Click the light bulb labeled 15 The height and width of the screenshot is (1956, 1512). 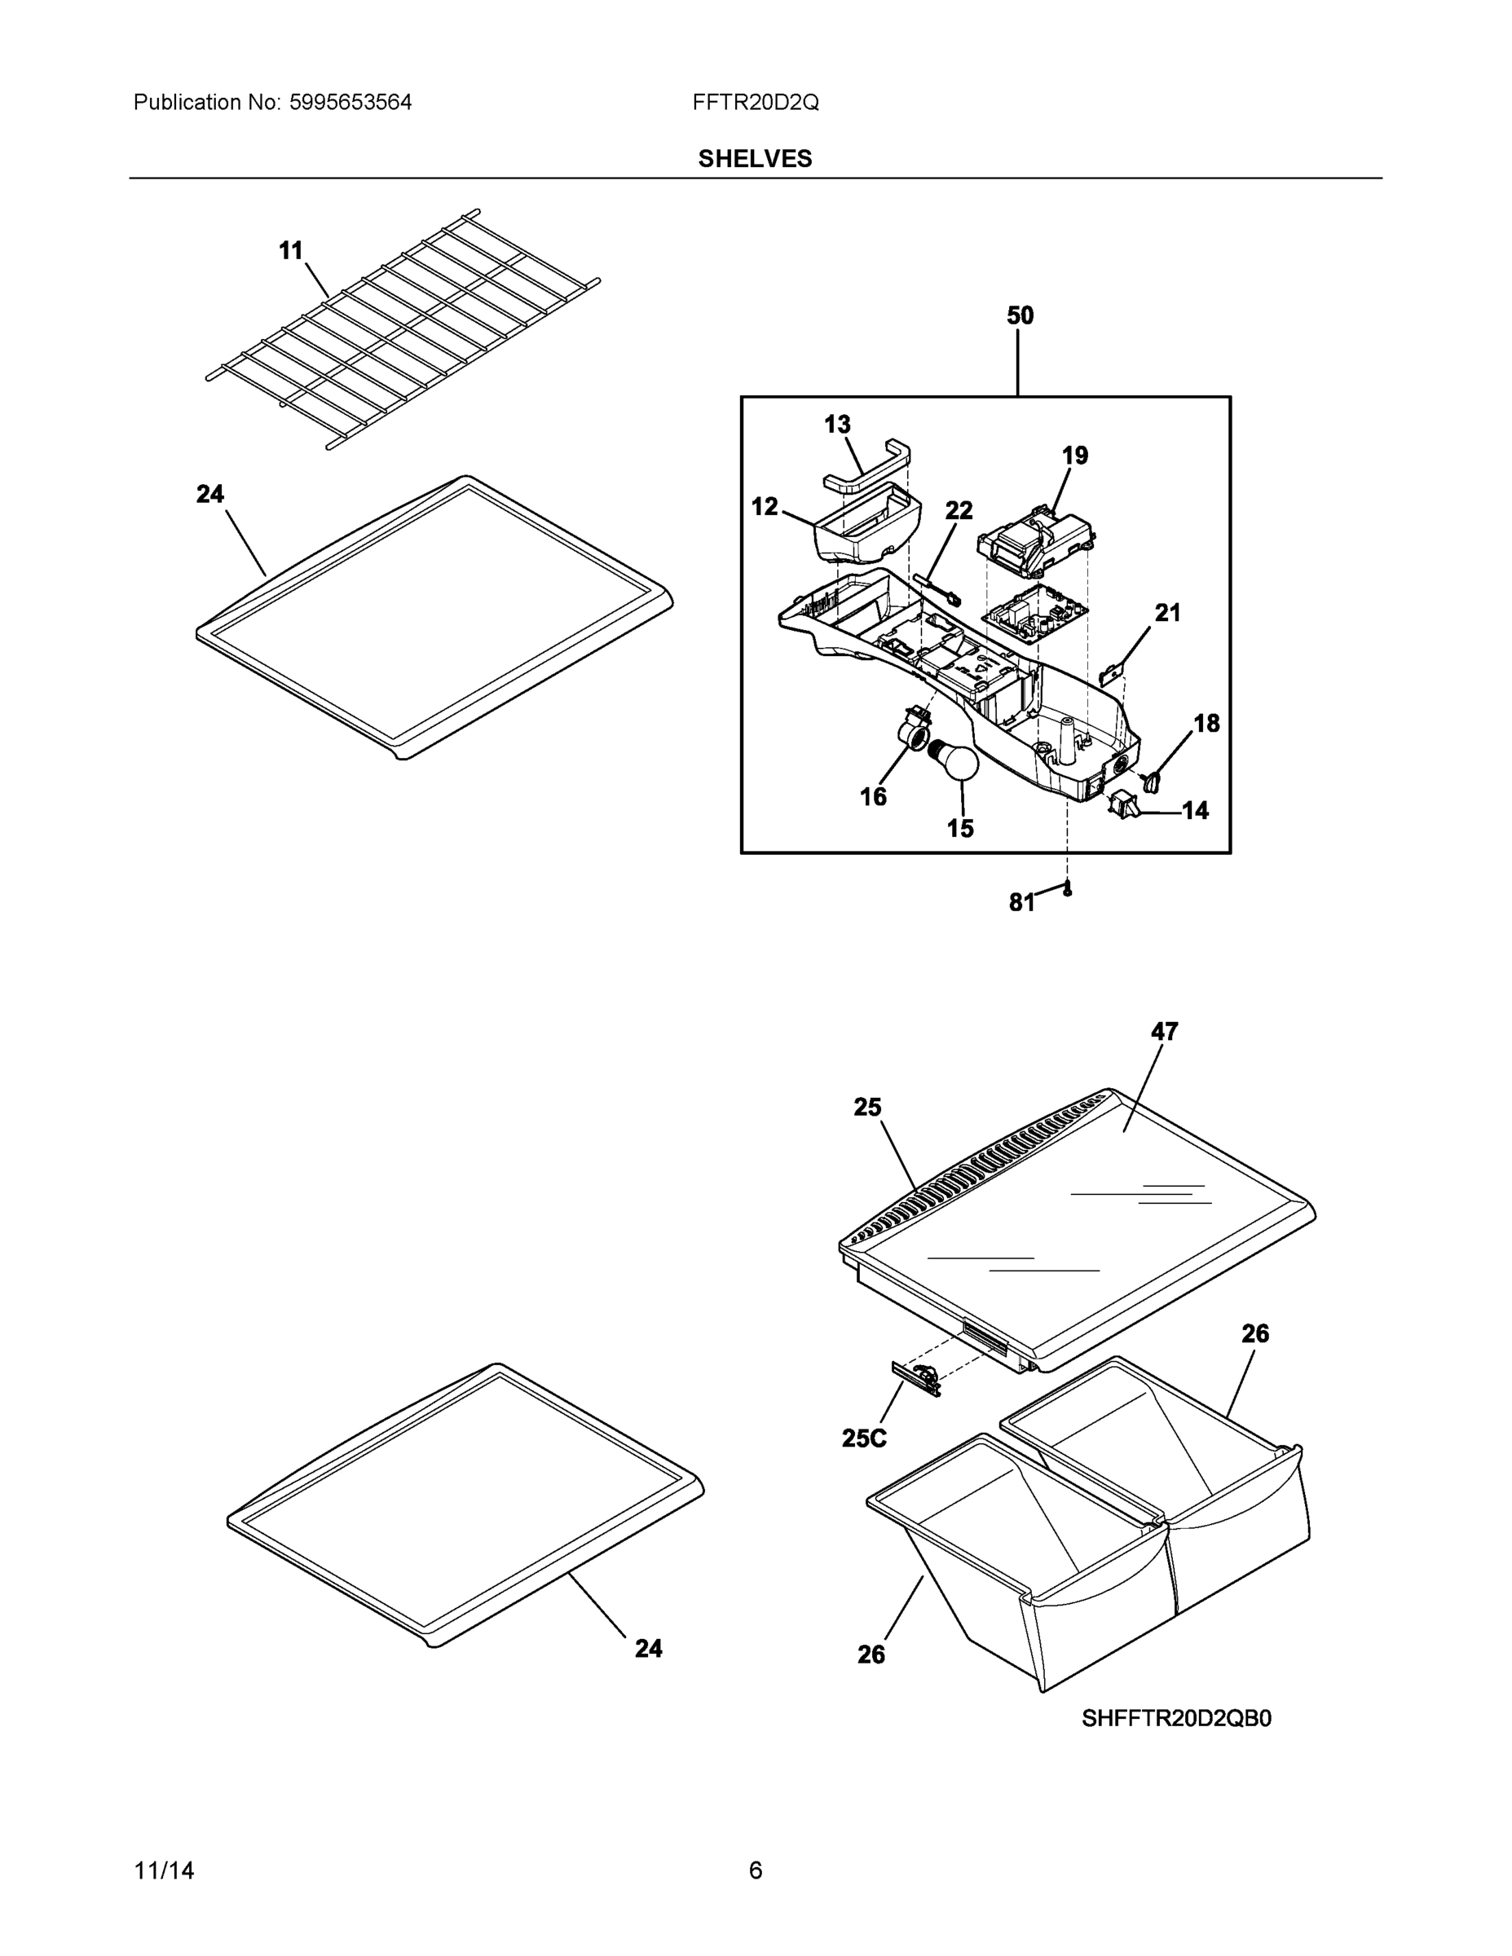tap(954, 761)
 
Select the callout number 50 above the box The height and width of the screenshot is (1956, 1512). tap(1020, 315)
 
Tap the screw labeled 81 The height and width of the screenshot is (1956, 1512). tap(1068, 889)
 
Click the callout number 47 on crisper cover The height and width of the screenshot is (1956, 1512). tap(1164, 1032)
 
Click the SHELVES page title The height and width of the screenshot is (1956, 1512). tap(755, 159)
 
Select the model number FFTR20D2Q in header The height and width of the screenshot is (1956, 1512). tap(755, 103)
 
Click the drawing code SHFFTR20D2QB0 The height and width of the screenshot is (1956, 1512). tap(1175, 1718)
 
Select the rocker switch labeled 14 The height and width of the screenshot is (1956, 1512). tap(1122, 804)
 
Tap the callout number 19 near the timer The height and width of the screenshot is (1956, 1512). tap(1075, 456)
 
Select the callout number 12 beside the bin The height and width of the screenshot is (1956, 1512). tap(764, 507)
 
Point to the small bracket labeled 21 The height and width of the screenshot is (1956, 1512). tap(1111, 672)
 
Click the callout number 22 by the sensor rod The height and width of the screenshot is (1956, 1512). tap(959, 510)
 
